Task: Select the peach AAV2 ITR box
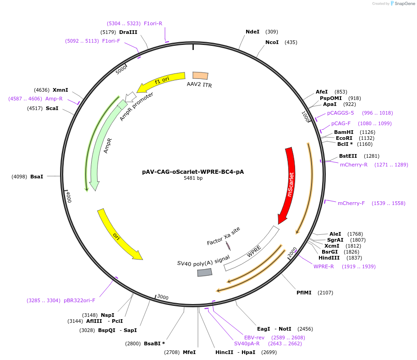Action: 200,76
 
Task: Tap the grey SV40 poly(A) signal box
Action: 205,272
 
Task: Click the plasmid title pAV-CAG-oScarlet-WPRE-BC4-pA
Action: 193,172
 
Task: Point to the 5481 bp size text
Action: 193,178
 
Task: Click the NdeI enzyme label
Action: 252,32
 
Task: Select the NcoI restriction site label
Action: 272,42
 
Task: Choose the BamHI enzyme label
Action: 344,132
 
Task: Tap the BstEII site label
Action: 348,156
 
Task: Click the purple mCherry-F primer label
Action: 351,203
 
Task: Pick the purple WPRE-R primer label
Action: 324,266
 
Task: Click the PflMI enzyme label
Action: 304,293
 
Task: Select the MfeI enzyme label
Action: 189,352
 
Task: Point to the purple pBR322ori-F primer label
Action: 79,300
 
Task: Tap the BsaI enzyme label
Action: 37,176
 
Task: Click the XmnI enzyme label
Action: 60,90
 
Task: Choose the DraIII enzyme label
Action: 128,32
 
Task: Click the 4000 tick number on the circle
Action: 68,197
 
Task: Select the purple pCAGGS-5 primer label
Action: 340,113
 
